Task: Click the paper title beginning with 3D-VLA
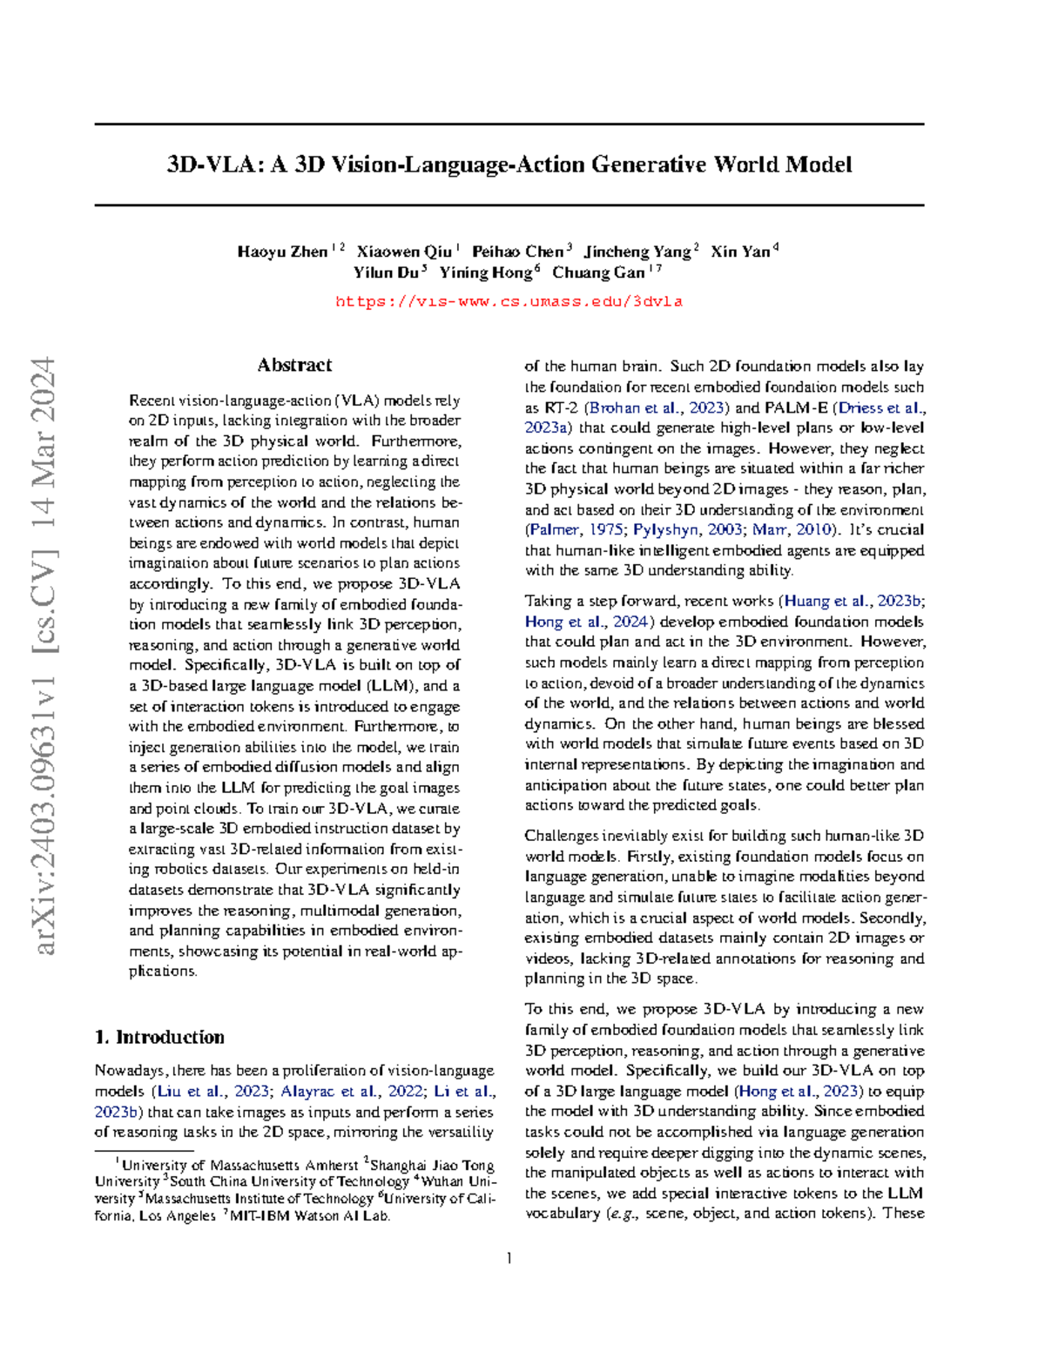pos(509,165)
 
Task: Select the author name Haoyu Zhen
pos(282,252)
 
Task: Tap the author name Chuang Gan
pos(598,272)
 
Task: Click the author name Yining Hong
pos(485,272)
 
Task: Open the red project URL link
pos(509,301)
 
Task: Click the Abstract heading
pos(294,365)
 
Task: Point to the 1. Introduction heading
pos(159,1037)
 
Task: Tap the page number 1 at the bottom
pos(509,1257)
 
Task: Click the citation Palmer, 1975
pos(576,529)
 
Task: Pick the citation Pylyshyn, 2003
pos(687,529)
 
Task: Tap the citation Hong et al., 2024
pos(586,622)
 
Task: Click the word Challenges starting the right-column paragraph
pos(563,836)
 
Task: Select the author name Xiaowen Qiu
pos(404,252)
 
